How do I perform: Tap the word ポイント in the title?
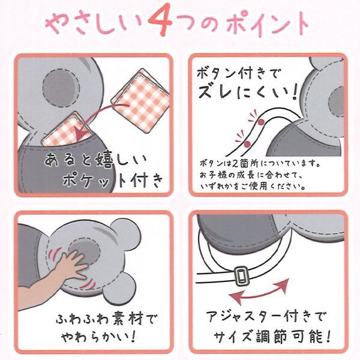tap(268, 23)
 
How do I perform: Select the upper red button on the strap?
tap(260, 122)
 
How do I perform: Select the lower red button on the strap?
tap(247, 144)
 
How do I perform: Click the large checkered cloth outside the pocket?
tap(141, 100)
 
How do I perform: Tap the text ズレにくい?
tap(248, 92)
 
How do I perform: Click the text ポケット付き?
tap(113, 180)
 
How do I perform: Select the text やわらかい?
tap(99, 337)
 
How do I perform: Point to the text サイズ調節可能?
tap(272, 336)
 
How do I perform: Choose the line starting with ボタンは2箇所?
tap(260, 163)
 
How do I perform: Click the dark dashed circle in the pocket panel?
tap(61, 88)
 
